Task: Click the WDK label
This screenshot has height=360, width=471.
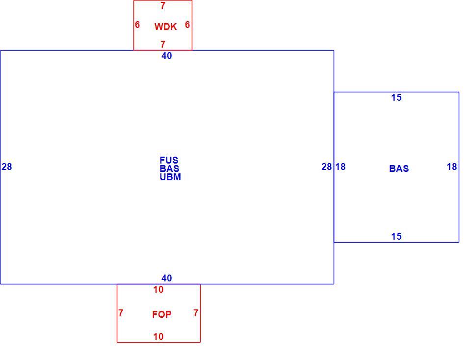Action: pos(165,27)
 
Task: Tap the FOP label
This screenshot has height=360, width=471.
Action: pos(161,314)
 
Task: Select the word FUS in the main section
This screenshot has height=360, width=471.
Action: pos(169,160)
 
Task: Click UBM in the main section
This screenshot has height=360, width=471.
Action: pos(170,177)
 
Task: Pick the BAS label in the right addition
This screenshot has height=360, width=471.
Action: pos(399,168)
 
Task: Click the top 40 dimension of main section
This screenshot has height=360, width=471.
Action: pos(167,55)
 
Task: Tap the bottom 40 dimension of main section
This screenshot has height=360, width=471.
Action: pos(167,278)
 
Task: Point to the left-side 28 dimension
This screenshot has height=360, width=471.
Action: pos(6,166)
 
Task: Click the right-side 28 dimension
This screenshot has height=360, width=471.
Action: pos(327,166)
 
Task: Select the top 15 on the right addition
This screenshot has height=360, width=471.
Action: pos(396,97)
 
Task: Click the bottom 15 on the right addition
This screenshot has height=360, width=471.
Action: pos(396,236)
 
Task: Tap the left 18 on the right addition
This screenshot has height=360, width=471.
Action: pos(340,166)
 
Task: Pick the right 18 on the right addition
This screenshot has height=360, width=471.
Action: pos(452,166)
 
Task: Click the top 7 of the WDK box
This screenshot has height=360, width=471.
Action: pos(163,6)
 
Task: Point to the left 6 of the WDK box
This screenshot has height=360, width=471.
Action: pos(137,25)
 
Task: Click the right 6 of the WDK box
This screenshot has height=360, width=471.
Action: pos(187,25)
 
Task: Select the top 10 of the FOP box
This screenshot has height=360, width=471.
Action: pos(158,289)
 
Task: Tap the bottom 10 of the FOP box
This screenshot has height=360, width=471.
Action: pos(158,336)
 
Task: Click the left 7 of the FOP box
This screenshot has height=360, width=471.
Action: pos(121,313)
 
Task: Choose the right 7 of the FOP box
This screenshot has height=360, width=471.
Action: pos(196,313)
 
